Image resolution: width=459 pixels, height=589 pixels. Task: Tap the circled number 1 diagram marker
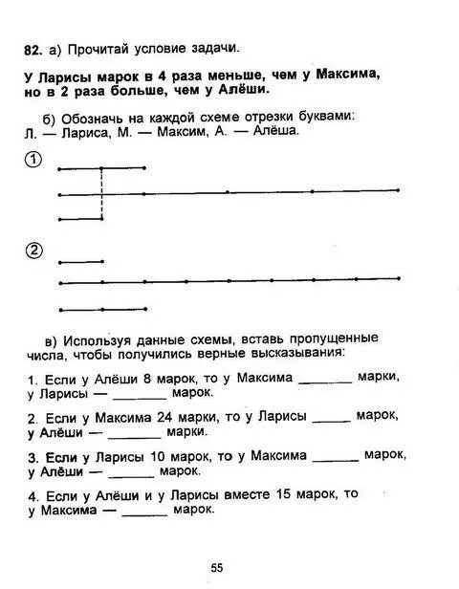tap(33, 160)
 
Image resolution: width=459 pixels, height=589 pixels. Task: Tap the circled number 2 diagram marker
tap(33, 251)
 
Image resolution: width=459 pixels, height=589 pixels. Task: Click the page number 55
tap(217, 568)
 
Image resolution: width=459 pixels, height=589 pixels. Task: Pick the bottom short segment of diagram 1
tap(80, 220)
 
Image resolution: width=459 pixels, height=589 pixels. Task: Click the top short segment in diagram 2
tap(80, 260)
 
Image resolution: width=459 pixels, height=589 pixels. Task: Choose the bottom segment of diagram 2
tap(102, 309)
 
